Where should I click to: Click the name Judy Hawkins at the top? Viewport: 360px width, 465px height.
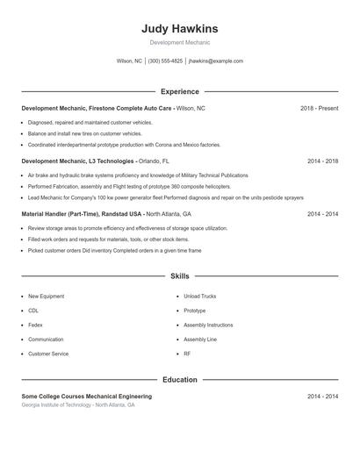pos(179,28)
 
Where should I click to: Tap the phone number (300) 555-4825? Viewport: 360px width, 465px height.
pos(165,61)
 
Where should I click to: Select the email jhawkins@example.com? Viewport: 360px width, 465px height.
pos(215,61)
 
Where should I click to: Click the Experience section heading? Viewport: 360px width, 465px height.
pos(179,91)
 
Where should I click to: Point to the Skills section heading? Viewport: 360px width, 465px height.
pos(179,276)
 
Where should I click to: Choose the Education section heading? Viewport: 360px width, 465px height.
pos(179,380)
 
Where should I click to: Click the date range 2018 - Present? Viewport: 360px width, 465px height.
pos(319,108)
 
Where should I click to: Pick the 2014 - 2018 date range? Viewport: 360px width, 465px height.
pos(322,161)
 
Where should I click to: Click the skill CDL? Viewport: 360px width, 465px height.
pos(33,311)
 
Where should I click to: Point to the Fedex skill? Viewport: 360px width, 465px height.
pos(35,325)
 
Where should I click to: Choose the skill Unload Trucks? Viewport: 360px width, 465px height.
pos(199,297)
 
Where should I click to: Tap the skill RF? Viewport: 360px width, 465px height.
pos(187,354)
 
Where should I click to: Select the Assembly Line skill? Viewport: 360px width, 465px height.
pos(200,339)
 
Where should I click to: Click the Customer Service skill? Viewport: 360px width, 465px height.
pos(48,354)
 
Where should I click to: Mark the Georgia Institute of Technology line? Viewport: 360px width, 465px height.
pos(78,405)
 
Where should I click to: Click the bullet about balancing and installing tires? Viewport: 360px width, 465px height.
pos(84,133)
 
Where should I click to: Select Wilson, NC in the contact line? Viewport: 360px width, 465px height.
pos(129,61)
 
